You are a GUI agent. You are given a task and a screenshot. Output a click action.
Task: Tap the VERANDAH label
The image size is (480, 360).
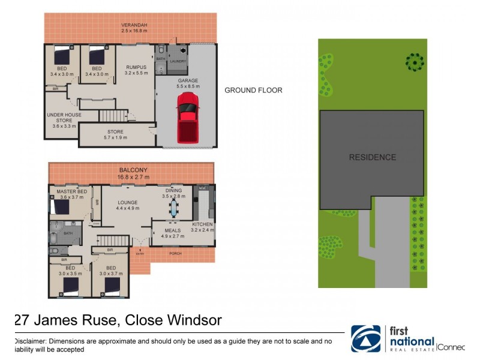[x=134, y=25]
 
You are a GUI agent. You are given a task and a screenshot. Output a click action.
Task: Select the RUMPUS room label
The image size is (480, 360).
[x=136, y=68]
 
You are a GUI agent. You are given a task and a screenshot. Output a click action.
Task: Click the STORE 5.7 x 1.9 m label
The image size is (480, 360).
[x=115, y=132]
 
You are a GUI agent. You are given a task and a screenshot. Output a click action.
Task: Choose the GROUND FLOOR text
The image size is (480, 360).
[x=253, y=91]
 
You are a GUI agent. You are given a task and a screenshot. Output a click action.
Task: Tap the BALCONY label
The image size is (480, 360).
[x=133, y=170]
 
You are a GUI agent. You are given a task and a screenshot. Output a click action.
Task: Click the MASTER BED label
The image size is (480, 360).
[x=72, y=191]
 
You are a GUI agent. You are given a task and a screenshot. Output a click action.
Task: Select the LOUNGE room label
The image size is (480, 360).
[x=128, y=203]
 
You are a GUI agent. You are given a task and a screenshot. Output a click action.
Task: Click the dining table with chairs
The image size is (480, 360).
[x=174, y=208]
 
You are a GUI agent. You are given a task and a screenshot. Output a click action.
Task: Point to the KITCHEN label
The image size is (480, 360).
[x=202, y=225]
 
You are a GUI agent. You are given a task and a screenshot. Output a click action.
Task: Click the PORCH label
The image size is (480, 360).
[x=175, y=254]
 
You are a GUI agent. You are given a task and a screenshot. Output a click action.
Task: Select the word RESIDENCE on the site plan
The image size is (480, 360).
[x=372, y=157]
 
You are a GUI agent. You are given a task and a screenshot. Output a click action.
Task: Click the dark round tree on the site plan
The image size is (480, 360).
[x=413, y=61]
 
